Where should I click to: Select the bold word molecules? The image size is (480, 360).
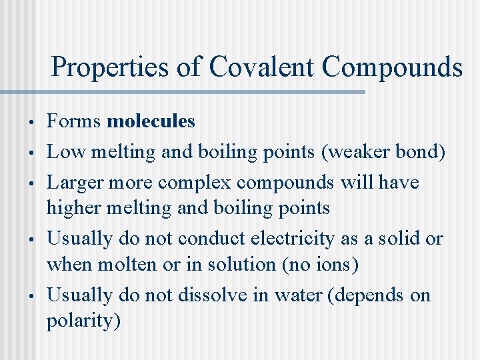coord(151,121)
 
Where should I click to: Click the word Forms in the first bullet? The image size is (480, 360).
coord(73,121)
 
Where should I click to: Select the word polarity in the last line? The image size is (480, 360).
coord(79,321)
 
